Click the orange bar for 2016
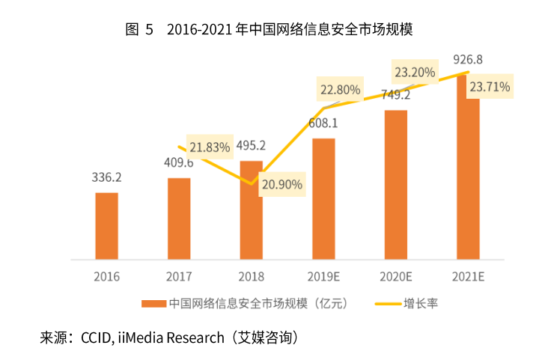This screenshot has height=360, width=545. (107, 225)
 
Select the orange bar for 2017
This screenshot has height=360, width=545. (179, 218)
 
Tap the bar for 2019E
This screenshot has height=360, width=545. (323, 198)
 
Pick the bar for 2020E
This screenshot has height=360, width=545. (396, 184)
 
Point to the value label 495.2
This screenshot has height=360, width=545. (252, 145)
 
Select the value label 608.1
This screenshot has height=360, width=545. (323, 123)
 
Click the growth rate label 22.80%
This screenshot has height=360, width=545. (340, 90)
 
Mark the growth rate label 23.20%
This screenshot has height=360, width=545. (414, 73)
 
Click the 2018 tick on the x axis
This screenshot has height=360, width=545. (252, 276)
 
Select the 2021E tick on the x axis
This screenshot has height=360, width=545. (468, 276)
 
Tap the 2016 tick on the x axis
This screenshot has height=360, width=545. (107, 276)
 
